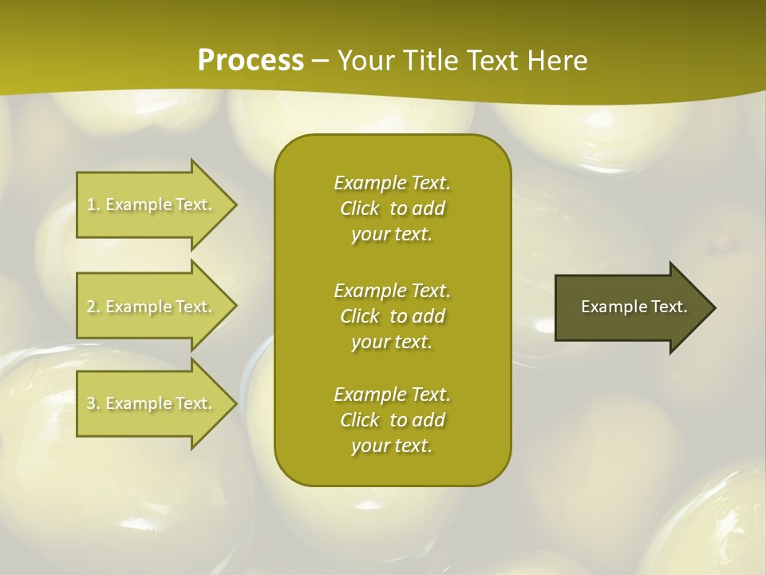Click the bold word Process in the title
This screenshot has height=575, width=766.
251,61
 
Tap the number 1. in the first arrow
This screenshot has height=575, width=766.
93,204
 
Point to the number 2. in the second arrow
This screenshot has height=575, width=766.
93,307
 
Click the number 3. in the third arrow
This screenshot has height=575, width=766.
93,403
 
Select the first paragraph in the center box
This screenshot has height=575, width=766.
393,208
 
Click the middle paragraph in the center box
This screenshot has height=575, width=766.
393,316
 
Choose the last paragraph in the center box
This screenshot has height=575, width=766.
393,420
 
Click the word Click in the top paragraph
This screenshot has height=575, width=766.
360,208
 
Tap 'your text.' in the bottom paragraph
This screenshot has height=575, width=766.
392,446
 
